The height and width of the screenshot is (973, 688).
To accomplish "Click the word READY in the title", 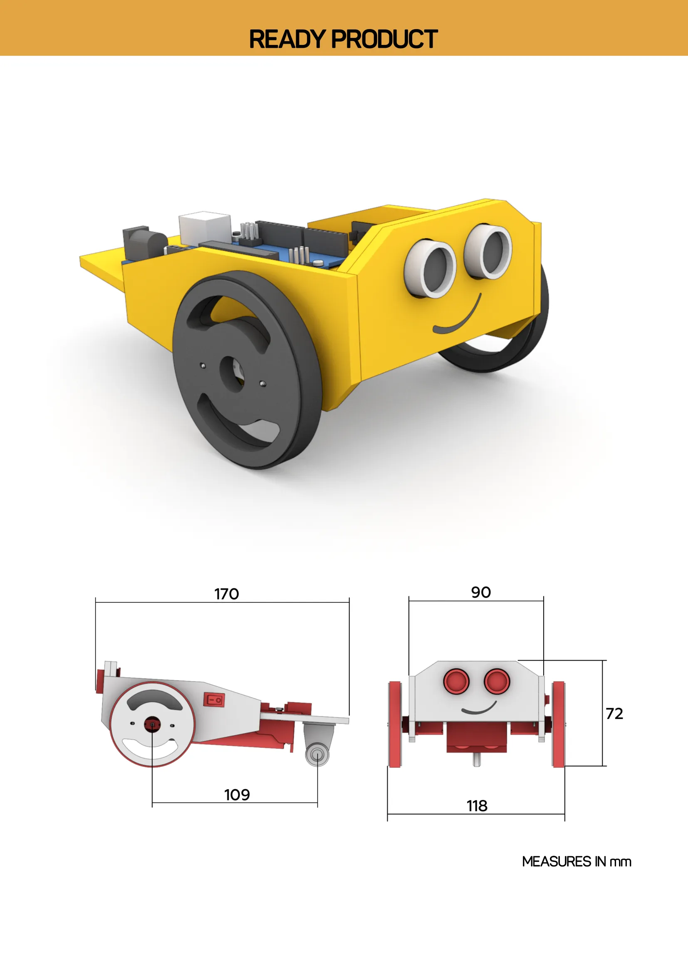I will click(x=287, y=40).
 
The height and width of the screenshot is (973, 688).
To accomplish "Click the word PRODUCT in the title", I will click(x=384, y=40).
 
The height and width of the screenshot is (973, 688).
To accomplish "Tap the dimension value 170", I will click(x=226, y=594).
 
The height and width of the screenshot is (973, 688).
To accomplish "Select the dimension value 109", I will click(x=237, y=795).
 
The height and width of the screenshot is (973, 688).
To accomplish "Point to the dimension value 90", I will click(x=481, y=592).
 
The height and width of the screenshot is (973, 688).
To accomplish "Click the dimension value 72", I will click(x=614, y=714).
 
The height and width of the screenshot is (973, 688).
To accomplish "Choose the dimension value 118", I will click(x=477, y=805).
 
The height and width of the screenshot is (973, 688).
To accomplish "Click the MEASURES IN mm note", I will click(x=577, y=862).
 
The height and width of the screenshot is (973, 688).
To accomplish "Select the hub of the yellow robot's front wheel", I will click(x=232, y=372).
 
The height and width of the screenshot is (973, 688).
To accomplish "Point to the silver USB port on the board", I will click(x=204, y=227).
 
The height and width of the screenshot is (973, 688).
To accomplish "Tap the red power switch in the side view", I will click(x=214, y=700).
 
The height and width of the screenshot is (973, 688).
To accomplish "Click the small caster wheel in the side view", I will click(x=317, y=754).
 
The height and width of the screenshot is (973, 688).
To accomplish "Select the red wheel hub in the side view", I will click(x=152, y=724).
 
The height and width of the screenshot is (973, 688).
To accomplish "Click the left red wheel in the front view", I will click(x=395, y=724).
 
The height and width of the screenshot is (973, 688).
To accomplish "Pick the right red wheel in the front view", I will click(x=558, y=724).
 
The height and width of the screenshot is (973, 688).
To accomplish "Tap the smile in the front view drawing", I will click(x=479, y=709).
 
